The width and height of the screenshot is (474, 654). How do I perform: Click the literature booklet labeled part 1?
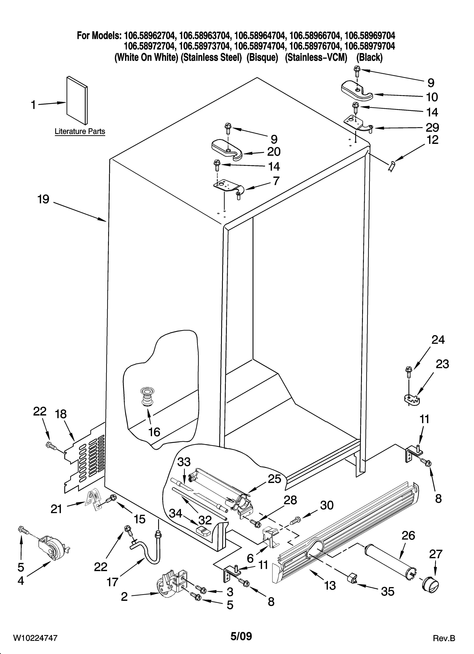coord(77,99)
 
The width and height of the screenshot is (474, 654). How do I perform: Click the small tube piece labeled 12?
coord(392,166)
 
